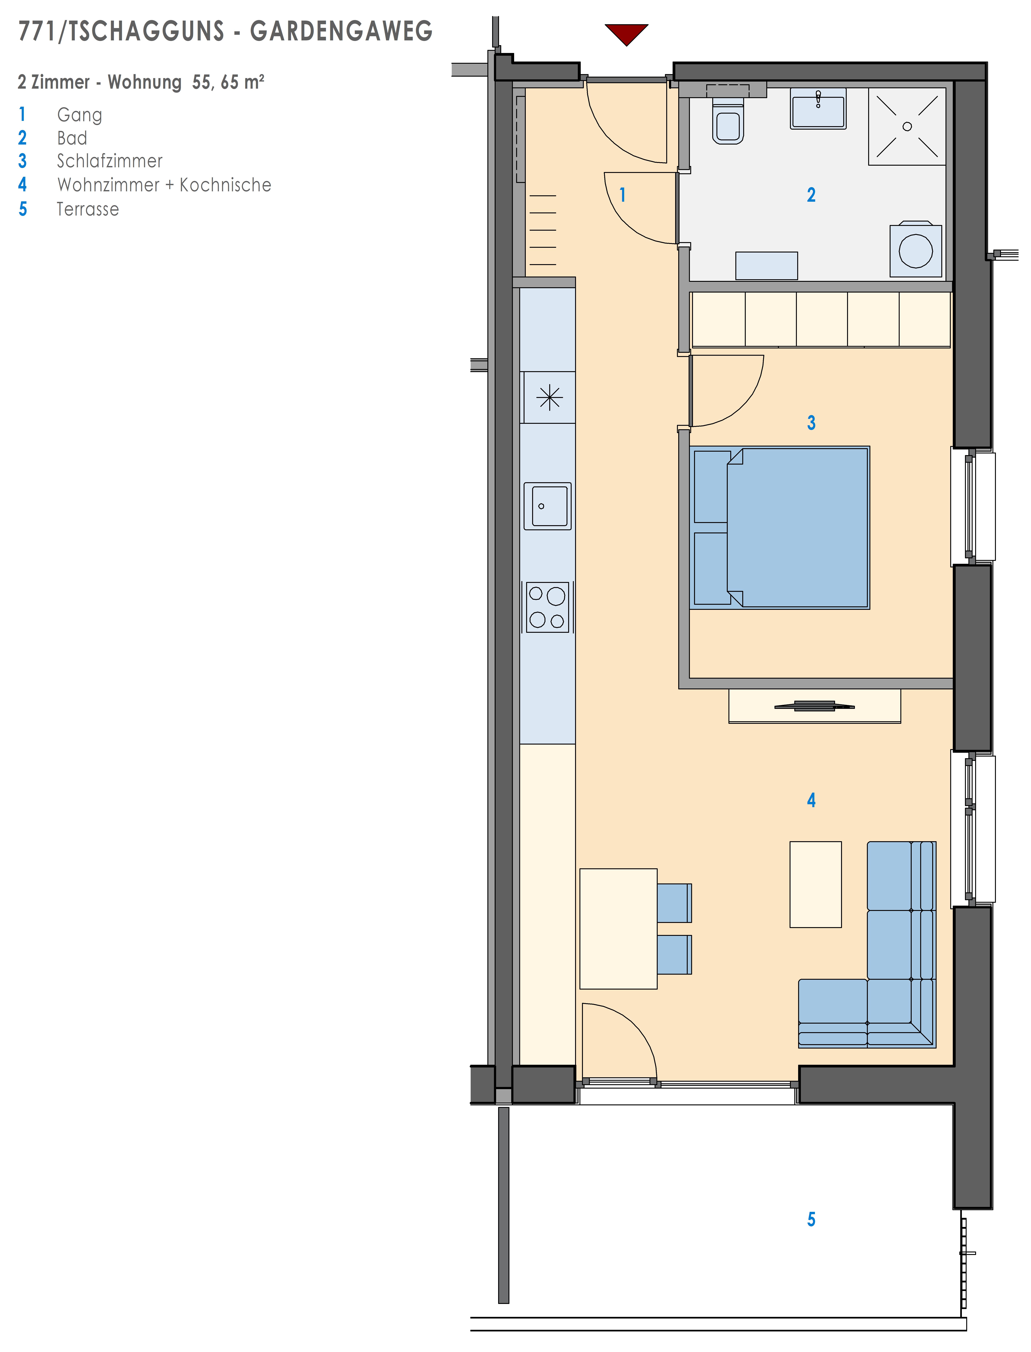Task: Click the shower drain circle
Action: point(907,127)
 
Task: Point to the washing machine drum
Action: point(916,250)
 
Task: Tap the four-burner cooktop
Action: point(547,607)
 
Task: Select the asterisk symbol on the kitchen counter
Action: point(549,397)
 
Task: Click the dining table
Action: point(619,928)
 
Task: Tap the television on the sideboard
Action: point(814,706)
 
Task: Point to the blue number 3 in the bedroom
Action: point(811,423)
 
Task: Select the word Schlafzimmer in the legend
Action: point(110,161)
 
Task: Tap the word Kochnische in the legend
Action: point(225,185)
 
